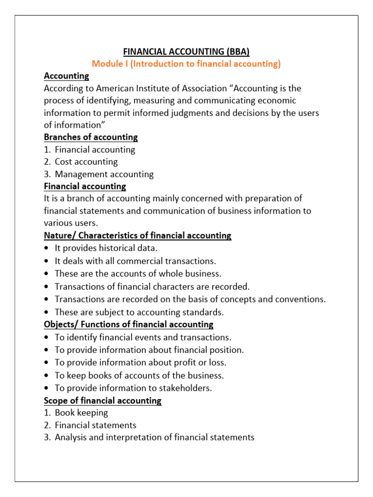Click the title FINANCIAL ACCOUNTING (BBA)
[186, 51]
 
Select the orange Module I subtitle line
[186, 64]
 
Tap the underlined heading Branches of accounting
[91, 137]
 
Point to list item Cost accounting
[86, 162]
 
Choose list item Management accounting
[104, 174]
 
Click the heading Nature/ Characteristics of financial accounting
[137, 236]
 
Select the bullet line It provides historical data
[106, 248]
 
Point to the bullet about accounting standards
[139, 312]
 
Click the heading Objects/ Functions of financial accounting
[128, 324]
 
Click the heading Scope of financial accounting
[102, 401]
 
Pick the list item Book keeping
[81, 413]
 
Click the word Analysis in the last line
[70, 438]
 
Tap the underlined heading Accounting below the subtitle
[67, 76]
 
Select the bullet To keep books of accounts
[139, 375]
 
